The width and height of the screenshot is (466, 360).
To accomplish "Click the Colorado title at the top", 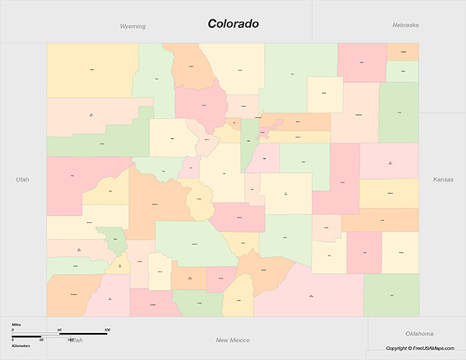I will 233,23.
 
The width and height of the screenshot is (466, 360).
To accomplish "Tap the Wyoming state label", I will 133,26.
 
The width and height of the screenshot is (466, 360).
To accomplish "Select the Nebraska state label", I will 405,25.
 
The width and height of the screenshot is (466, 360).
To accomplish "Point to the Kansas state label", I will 443,179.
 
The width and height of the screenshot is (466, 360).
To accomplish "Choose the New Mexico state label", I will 232,340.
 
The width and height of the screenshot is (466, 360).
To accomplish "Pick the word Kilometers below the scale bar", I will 21,344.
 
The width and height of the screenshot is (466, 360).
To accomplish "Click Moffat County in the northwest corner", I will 92,70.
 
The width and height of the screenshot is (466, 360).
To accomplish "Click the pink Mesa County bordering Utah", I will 74,178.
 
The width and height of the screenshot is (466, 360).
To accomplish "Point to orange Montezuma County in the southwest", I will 75,295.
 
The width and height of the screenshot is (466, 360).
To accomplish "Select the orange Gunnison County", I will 155,203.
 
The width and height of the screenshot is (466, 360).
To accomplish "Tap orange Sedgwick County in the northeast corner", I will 402,51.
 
